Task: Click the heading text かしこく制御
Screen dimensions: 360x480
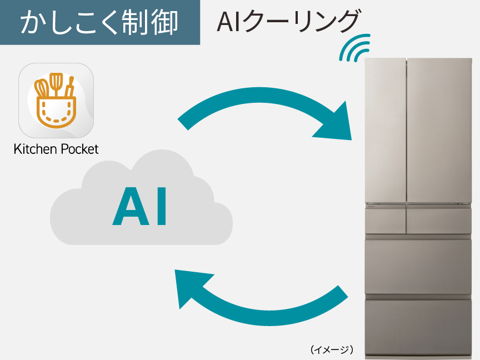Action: click(x=99, y=22)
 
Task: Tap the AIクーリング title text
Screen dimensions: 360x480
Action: click(x=288, y=22)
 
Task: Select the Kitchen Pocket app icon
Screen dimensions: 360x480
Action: click(x=56, y=101)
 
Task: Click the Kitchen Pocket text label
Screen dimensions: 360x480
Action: click(x=56, y=149)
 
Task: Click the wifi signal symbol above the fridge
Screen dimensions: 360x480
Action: click(x=356, y=48)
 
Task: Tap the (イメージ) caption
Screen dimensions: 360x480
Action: click(x=332, y=349)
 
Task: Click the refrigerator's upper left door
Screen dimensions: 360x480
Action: click(x=386, y=131)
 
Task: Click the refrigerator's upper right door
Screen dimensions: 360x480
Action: click(x=439, y=131)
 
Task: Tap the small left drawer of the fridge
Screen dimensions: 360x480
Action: click(x=385, y=221)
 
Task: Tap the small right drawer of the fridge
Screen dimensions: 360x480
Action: click(x=439, y=221)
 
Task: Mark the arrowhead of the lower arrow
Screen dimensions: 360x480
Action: click(x=192, y=287)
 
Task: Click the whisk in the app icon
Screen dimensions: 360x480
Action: click(x=42, y=88)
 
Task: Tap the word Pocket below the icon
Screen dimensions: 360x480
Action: click(x=78, y=149)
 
